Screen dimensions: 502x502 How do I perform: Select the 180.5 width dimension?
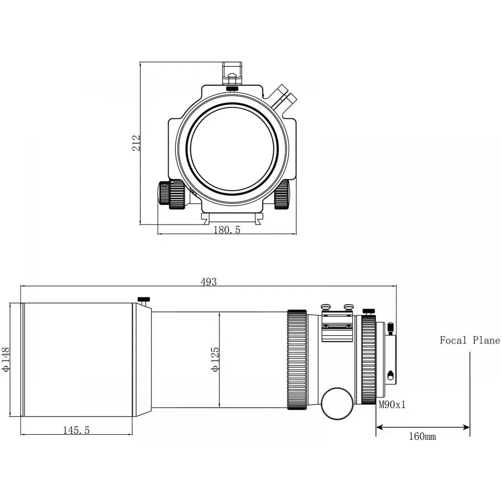[227, 230]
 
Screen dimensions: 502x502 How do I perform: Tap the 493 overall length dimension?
[208, 282]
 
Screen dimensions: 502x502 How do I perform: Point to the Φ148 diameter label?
[7, 359]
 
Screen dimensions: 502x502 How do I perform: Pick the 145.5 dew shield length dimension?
[76, 430]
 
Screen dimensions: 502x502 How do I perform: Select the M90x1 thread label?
[392, 405]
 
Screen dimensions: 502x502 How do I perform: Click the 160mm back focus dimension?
[422, 436]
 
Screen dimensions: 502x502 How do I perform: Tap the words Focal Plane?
[469, 340]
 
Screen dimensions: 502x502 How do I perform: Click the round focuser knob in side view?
[337, 403]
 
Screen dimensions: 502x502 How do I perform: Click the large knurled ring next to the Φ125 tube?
[297, 359]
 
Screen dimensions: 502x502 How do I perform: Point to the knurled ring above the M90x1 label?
[368, 359]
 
